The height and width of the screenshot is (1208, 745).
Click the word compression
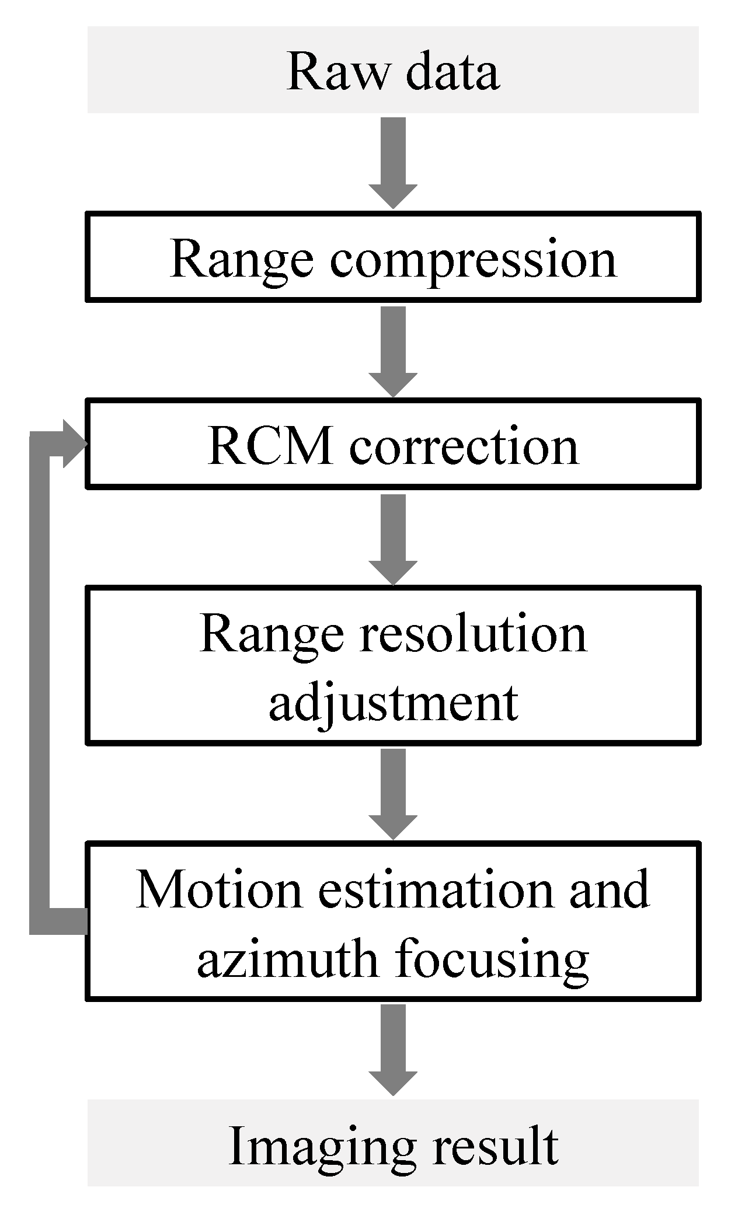point(473,259)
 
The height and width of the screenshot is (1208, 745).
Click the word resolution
point(473,634)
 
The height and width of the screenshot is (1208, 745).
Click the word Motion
point(219,891)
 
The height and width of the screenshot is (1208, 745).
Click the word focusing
point(492,960)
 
